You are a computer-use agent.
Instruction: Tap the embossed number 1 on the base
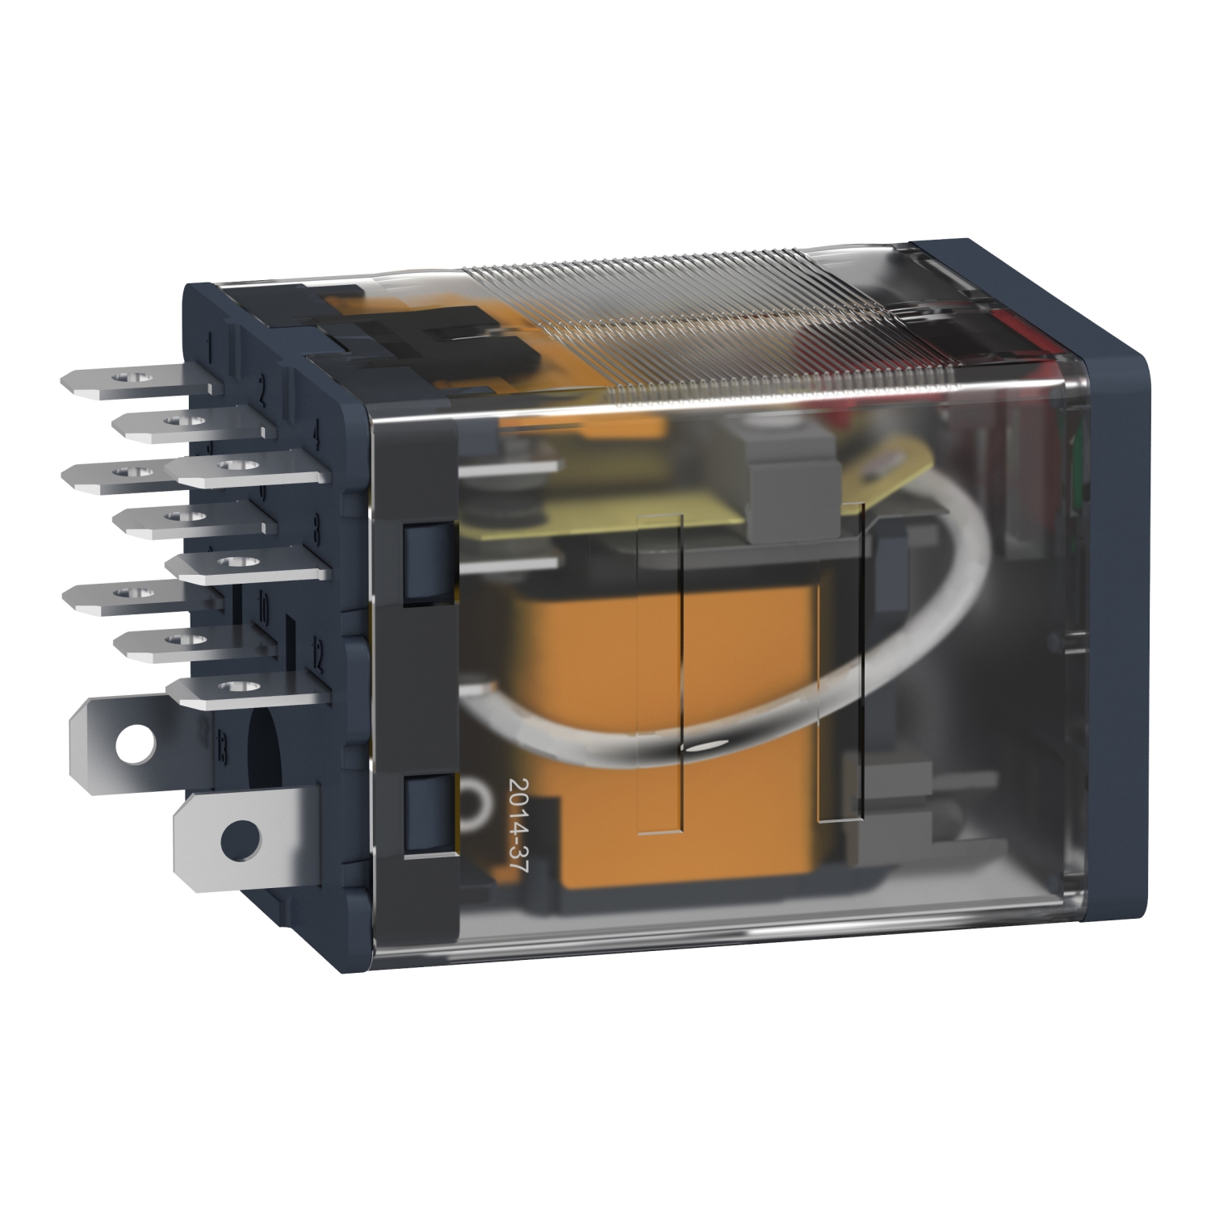click(211, 351)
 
